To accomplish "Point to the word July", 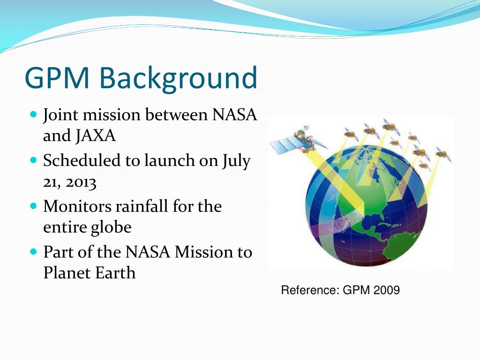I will [237, 161].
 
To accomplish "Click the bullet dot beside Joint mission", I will [33, 114].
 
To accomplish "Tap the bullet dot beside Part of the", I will [33, 252].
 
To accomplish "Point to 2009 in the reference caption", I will [387, 291].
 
